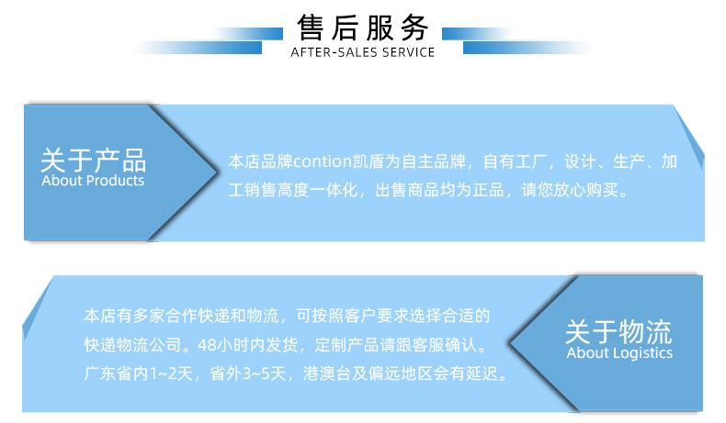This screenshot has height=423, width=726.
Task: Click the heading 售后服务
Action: point(363,27)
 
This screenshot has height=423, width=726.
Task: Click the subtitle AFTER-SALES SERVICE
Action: point(363,52)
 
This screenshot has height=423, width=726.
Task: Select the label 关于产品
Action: point(93,160)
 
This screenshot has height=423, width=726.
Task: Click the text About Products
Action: point(93,181)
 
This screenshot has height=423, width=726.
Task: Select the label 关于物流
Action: point(618,331)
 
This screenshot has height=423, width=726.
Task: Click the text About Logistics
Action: point(618,353)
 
